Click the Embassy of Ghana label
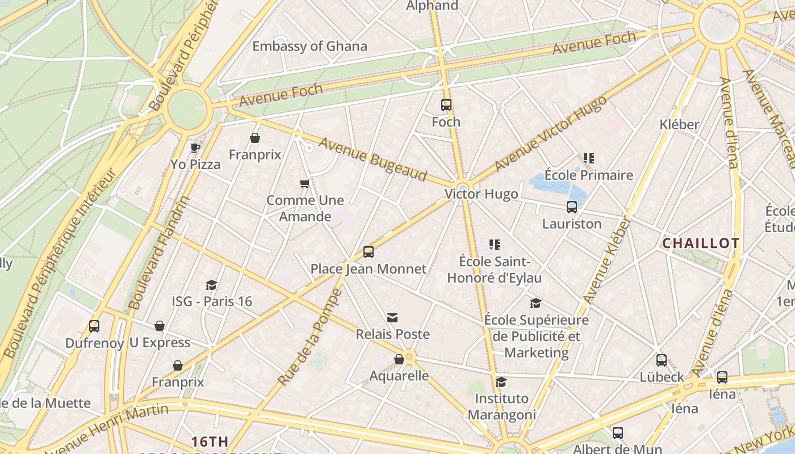click(x=309, y=47)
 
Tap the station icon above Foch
click(x=446, y=105)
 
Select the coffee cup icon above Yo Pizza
click(x=195, y=148)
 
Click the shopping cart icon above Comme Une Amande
click(x=305, y=184)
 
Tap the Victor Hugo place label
click(x=481, y=194)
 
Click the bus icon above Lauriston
click(x=572, y=207)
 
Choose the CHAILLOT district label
click(x=701, y=243)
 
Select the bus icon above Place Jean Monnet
click(x=369, y=252)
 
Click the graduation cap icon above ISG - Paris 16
click(x=212, y=285)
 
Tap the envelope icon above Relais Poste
click(x=392, y=318)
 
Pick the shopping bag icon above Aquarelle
click(x=399, y=359)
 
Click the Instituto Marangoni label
click(x=501, y=407)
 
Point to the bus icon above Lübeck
click(x=662, y=360)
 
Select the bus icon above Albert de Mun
click(x=618, y=433)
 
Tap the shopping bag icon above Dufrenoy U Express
click(x=160, y=326)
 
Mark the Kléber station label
click(x=679, y=124)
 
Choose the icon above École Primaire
click(x=589, y=158)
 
